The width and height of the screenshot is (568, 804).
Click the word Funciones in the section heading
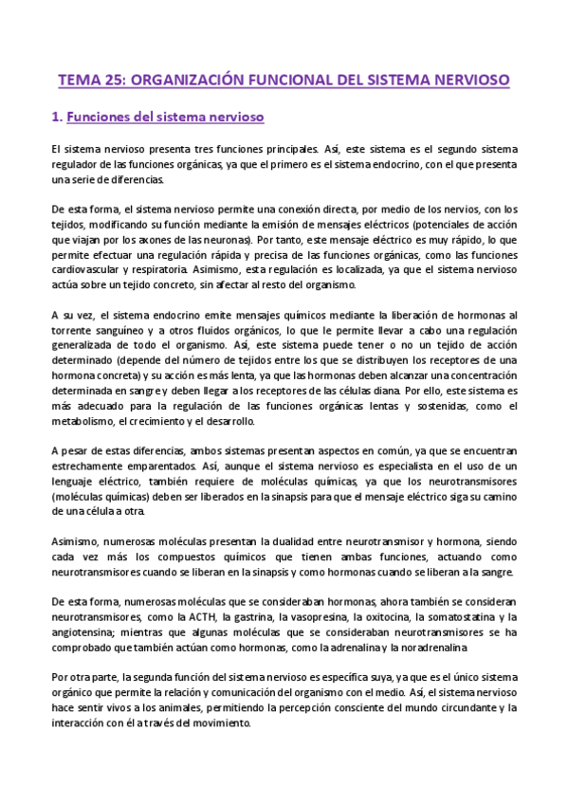[x=100, y=119]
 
